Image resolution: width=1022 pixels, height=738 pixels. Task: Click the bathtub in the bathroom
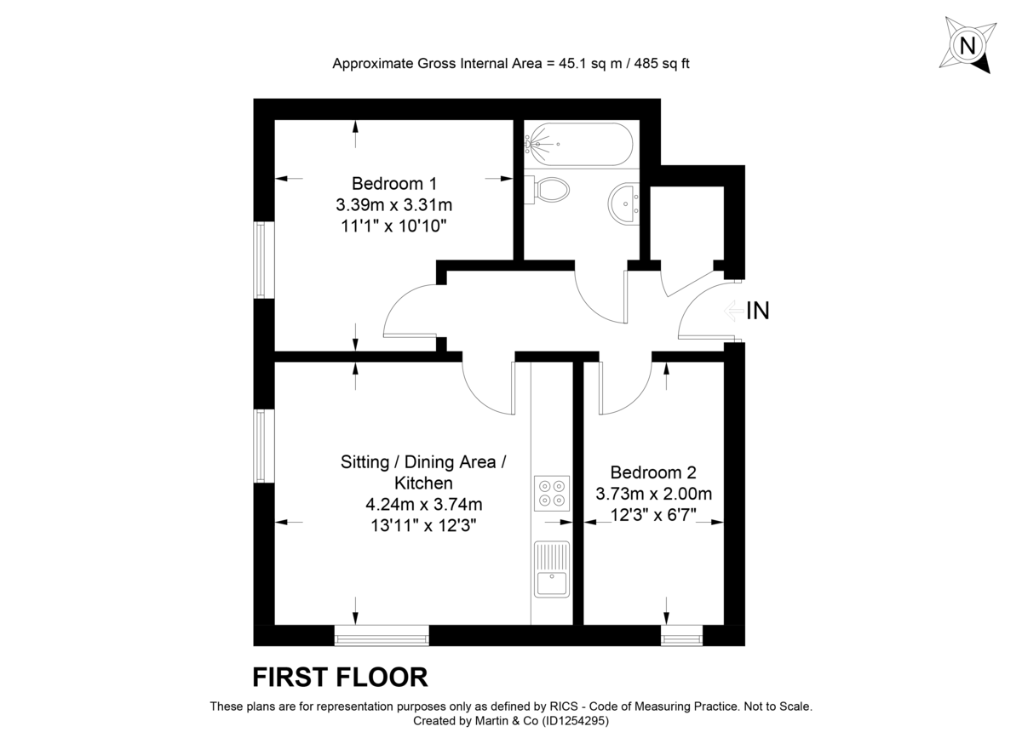pos(579,144)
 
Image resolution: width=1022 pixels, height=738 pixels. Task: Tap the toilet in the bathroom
pos(548,189)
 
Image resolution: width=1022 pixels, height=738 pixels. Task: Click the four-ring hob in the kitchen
pos(551,494)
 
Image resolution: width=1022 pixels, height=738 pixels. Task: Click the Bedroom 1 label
pos(393,183)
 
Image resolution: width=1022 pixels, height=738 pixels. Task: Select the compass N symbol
pos(967,45)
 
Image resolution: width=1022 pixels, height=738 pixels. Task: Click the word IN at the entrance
pos(757,312)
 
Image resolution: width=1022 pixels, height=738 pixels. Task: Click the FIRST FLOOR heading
pos(340,678)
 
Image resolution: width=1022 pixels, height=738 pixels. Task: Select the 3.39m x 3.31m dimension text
pos(393,205)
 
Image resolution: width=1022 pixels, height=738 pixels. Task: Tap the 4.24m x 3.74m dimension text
pos(423,505)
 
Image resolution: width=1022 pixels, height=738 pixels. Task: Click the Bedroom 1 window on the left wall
pos(264,260)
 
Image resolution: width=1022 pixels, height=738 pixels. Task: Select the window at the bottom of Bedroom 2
pos(681,635)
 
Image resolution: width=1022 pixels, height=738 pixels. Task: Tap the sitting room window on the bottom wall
pos(381,635)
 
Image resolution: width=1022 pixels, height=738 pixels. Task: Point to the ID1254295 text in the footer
pos(571,720)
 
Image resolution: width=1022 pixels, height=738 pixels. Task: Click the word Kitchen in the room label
pos(423,483)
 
